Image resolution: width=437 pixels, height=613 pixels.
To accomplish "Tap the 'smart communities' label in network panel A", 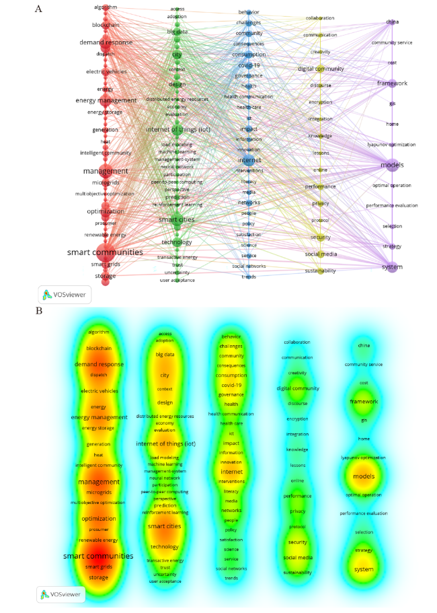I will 105,252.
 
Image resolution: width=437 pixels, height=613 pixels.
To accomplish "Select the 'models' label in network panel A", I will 392,165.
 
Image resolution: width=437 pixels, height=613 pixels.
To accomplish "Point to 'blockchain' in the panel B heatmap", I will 99,349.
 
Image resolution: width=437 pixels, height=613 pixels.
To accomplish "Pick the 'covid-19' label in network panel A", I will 249,65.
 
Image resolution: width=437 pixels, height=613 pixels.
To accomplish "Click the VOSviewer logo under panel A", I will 65,295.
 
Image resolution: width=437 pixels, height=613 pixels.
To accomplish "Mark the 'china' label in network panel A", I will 392,22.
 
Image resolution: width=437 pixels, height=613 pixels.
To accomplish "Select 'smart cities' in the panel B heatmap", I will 164,526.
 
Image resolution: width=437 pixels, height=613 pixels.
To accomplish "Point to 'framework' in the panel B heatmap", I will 364,402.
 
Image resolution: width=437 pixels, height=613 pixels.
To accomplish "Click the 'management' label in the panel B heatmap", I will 98,482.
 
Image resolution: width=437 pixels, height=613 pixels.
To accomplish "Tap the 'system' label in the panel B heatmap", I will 364,569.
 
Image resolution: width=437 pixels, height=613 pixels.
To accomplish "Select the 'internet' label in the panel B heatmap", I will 231,472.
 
